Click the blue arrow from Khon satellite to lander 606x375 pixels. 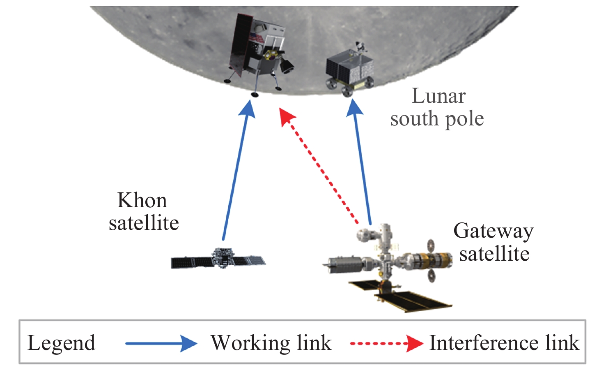(236, 173)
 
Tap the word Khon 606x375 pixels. (142, 201)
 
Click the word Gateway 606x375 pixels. (493, 232)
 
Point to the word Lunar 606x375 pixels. (438, 96)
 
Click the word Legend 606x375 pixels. (61, 343)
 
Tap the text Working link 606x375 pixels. (271, 343)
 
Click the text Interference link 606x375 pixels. (504, 343)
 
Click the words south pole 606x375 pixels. (437, 119)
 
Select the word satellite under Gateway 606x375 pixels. (494, 254)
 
